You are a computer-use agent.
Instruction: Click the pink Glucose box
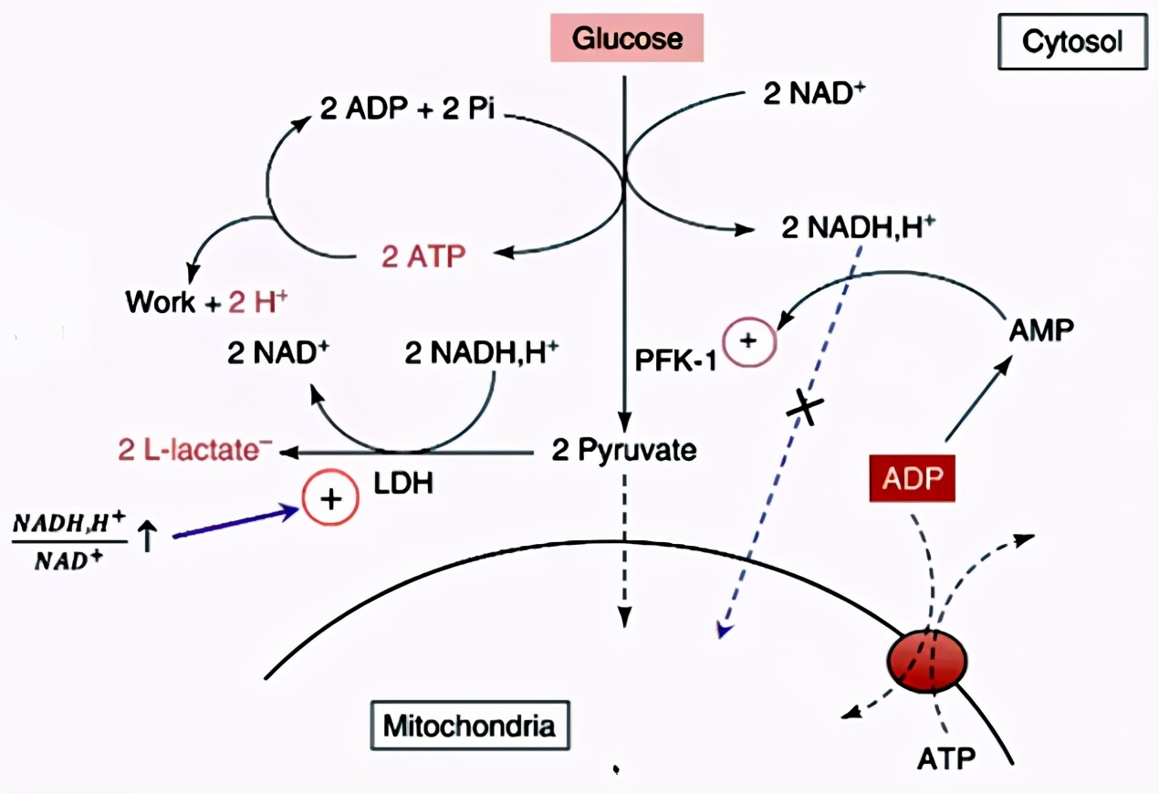pos(627,38)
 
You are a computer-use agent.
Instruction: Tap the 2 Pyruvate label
pos(624,450)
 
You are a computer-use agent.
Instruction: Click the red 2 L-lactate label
pos(195,450)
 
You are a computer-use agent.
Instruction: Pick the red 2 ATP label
pos(423,256)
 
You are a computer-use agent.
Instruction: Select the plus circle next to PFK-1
pos(747,341)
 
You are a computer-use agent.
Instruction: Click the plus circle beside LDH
pos(331,500)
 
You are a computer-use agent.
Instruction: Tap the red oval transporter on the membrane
pos(928,658)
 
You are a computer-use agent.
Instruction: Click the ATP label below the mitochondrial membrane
pos(946,757)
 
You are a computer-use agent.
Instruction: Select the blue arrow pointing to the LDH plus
pos(237,522)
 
